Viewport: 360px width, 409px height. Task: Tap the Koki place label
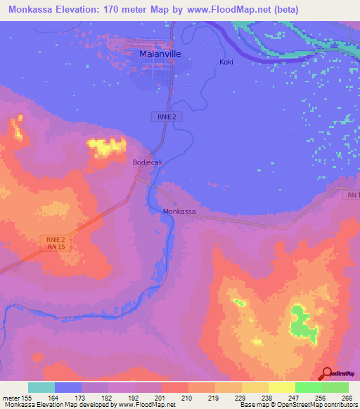click(226, 62)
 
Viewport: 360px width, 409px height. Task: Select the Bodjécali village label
click(148, 162)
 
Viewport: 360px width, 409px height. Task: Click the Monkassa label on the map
click(179, 212)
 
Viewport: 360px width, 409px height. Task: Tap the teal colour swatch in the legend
click(41, 387)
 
